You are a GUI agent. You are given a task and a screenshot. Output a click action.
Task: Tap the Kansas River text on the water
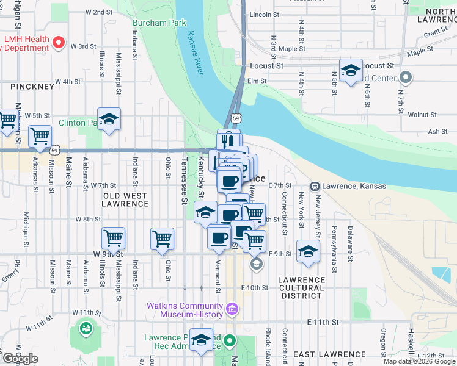coord(195,52)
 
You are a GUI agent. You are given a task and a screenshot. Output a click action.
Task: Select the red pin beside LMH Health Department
coord(59,42)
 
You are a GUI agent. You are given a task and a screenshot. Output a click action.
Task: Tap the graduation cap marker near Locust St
coord(351,70)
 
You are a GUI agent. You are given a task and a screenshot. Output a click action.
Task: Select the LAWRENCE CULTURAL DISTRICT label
coord(301,287)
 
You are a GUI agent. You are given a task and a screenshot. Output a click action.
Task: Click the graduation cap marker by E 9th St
coord(308,251)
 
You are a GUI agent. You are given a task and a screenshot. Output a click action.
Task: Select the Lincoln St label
coord(264,14)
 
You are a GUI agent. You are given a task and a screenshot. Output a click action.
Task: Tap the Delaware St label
coord(350,243)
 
